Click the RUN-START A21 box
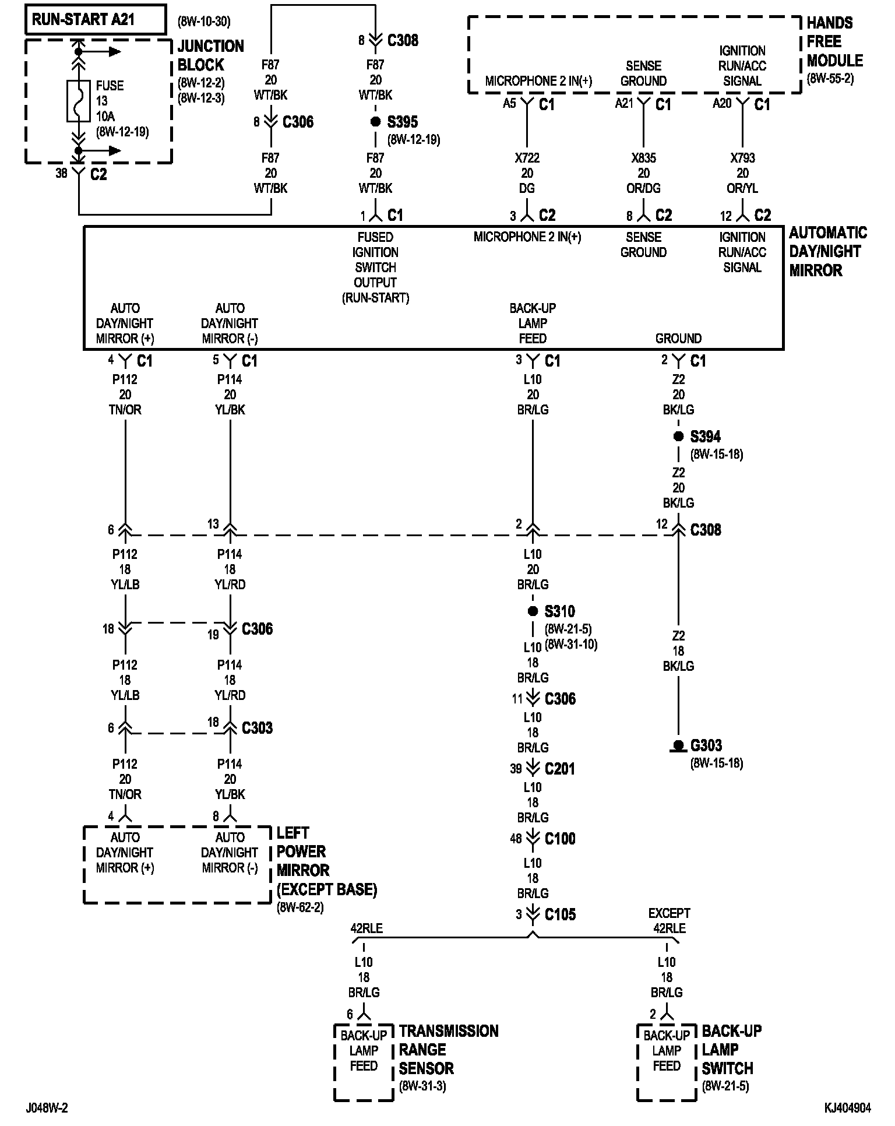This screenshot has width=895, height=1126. click(96, 20)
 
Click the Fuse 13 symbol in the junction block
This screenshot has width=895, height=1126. click(79, 101)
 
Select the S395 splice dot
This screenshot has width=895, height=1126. click(376, 122)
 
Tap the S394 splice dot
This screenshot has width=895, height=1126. click(678, 437)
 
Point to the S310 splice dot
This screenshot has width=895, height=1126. click(533, 611)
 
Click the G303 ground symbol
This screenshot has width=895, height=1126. click(678, 746)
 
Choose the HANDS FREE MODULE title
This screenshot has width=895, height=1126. click(834, 42)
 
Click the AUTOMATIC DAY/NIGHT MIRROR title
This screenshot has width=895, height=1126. click(827, 252)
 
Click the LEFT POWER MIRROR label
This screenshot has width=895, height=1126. click(326, 861)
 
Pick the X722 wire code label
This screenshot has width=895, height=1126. click(527, 158)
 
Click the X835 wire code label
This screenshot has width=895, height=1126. click(643, 158)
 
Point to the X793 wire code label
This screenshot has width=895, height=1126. click(742, 158)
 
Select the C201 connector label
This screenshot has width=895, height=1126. click(560, 769)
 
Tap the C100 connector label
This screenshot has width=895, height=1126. click(560, 839)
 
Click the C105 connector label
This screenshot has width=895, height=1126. click(560, 915)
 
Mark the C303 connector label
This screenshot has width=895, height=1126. click(257, 729)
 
